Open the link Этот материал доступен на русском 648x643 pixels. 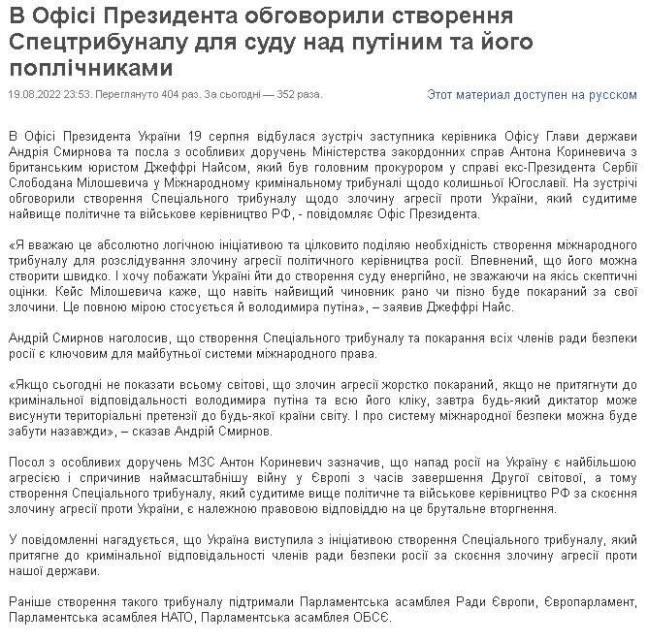(533, 94)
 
